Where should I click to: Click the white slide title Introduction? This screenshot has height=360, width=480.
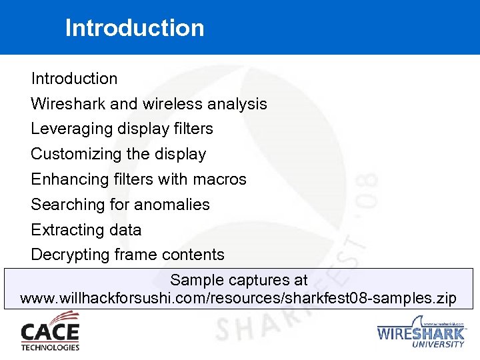135,28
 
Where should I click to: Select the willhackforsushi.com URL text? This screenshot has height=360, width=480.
239,297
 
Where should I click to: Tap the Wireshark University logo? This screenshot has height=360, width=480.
421,331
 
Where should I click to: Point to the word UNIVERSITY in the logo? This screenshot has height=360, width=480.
438,344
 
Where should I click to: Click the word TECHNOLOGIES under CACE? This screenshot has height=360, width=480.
50,347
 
